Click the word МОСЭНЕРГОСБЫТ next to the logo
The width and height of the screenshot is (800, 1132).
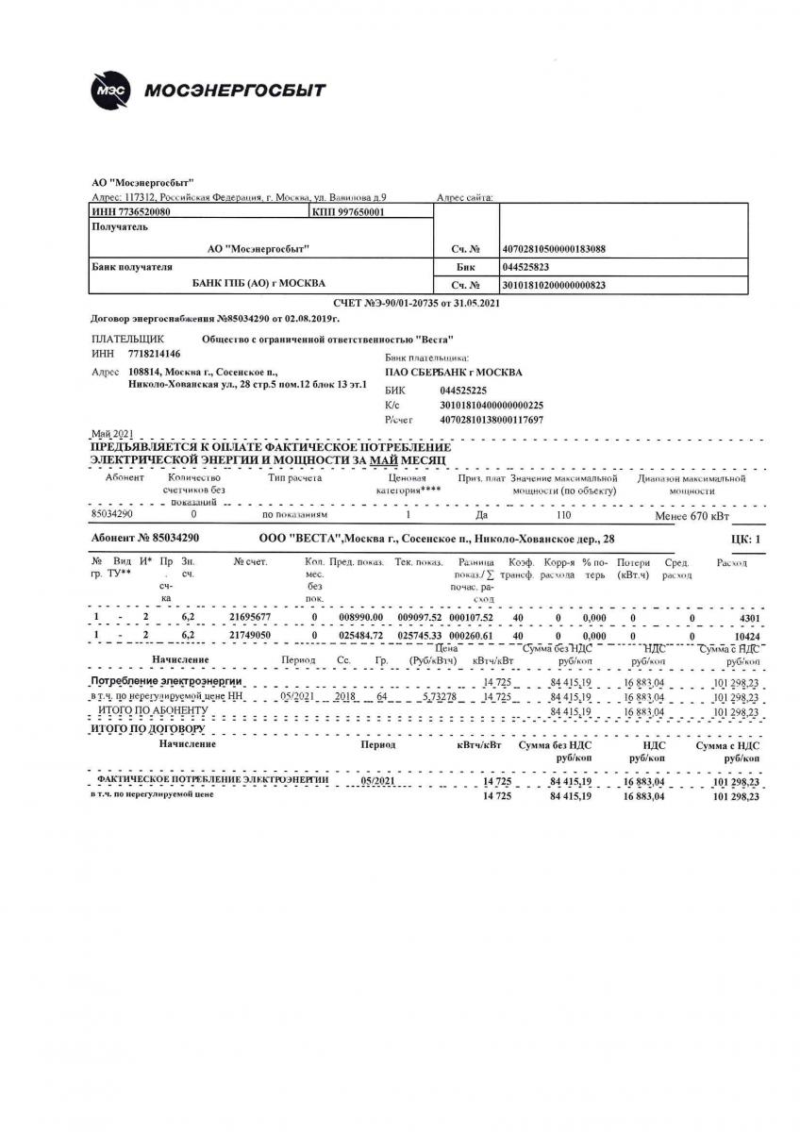click(x=235, y=91)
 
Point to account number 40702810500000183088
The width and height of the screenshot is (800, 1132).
click(x=554, y=249)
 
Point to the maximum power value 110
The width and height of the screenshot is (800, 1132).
click(x=564, y=516)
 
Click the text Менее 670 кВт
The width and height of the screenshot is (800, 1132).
click(x=692, y=517)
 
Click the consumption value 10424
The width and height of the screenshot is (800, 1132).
click(x=745, y=637)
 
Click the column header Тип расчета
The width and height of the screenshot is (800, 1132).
click(x=294, y=478)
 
